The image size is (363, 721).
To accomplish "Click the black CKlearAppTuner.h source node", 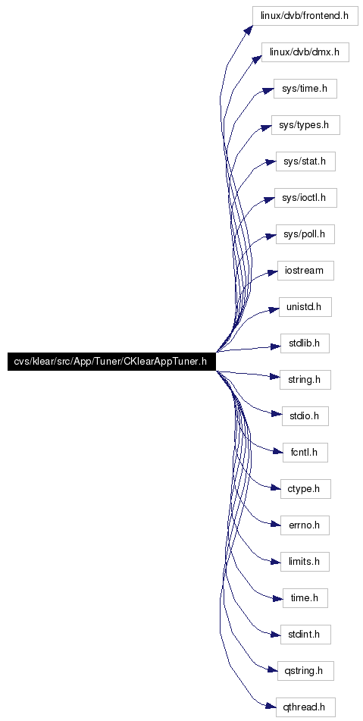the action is point(111,362).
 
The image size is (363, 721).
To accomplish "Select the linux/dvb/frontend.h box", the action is point(305,16).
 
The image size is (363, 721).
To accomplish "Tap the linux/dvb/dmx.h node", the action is point(305,52).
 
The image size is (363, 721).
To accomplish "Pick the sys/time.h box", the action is point(305,89).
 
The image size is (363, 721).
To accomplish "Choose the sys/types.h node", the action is point(305,125).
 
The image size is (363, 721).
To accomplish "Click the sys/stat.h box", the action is point(305,161).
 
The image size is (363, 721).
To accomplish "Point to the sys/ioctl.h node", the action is point(305,198).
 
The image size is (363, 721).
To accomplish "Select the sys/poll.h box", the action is point(305,234).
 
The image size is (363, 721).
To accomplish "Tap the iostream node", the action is point(305,271).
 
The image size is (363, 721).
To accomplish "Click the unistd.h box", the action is point(305,307).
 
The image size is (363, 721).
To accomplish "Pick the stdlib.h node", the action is point(305,343).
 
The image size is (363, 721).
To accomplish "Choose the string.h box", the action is point(305,380).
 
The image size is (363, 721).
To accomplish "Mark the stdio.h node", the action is point(305,416).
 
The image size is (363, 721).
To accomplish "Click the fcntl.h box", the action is point(305,453).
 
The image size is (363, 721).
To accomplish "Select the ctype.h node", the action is point(305,489).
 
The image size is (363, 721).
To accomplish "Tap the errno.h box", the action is point(305,525).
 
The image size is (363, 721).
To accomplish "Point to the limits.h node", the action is point(305,562).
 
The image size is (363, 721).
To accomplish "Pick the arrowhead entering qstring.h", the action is point(273,670).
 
